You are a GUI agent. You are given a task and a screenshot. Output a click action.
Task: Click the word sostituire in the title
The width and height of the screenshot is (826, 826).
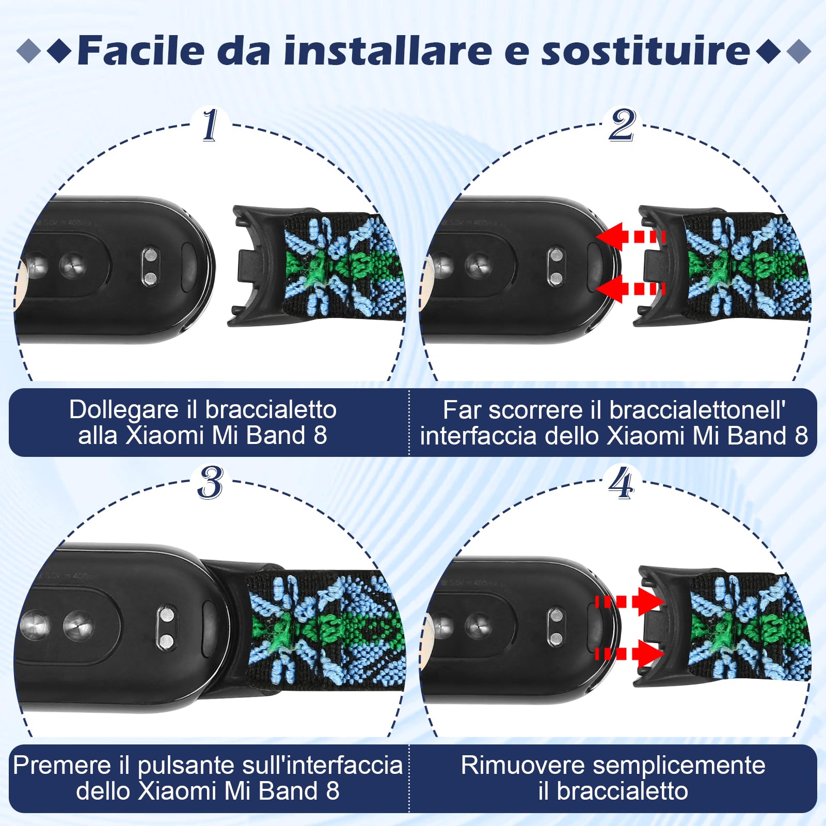(x=645, y=51)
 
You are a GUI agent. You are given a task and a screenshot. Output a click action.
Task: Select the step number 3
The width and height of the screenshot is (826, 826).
(x=210, y=483)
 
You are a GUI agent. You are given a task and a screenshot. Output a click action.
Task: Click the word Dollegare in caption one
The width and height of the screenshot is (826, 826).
(x=124, y=410)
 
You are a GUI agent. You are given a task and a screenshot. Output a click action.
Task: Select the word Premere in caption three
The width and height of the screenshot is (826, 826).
(x=62, y=765)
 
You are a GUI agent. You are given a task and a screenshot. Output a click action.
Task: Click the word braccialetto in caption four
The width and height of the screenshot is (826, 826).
(x=622, y=791)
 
